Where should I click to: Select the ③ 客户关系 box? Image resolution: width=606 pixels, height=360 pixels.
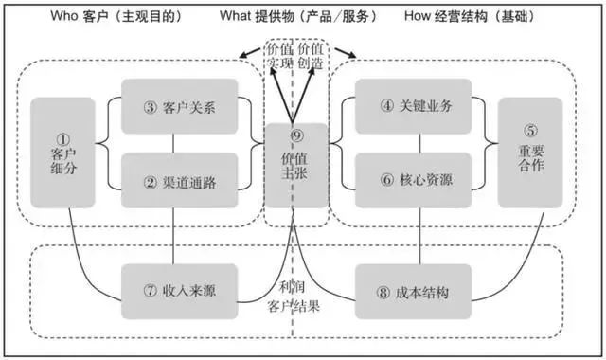pos(179,106)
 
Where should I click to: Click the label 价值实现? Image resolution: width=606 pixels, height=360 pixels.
pos(278,54)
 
